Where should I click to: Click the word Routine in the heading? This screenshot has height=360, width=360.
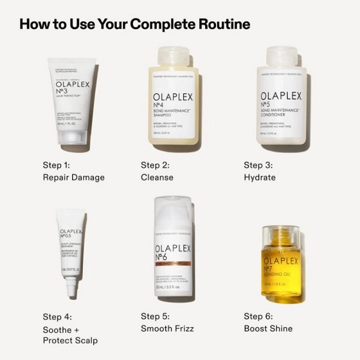point(220,24)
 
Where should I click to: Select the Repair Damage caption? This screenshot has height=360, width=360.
point(74,177)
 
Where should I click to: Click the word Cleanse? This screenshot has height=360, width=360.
point(157,177)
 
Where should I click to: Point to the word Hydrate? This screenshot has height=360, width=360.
point(260,177)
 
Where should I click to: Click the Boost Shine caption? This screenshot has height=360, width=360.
point(268,328)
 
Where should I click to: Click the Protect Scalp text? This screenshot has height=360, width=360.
point(70,340)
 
